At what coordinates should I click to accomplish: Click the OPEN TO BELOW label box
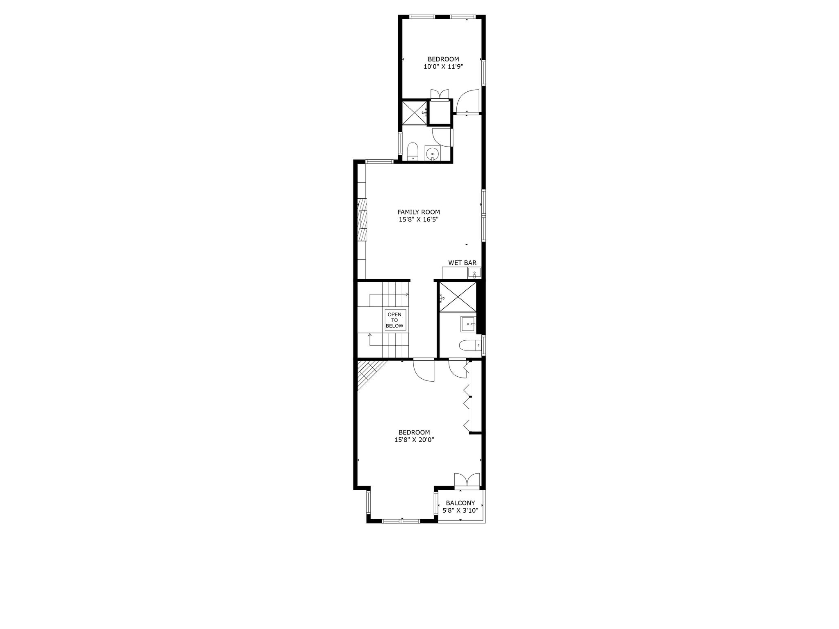tap(395, 320)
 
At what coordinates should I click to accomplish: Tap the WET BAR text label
tap(462, 263)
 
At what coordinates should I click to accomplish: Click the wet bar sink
tap(474, 273)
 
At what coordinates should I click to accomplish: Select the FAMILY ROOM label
tap(419, 212)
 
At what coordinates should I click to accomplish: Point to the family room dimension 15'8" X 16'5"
tap(419, 219)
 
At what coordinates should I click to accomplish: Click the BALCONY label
tap(460, 503)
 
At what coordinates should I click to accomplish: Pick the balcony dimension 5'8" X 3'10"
tap(460, 511)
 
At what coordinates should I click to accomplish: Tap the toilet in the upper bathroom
tap(413, 152)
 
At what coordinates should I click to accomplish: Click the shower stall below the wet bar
tap(458, 297)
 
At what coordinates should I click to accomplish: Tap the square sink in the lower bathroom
tap(468, 324)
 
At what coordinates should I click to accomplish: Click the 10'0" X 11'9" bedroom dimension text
tap(443, 67)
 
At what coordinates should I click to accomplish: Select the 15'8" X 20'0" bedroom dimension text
tap(414, 440)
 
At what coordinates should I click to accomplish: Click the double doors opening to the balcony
tap(467, 480)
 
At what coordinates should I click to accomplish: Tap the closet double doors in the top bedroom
tap(440, 94)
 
